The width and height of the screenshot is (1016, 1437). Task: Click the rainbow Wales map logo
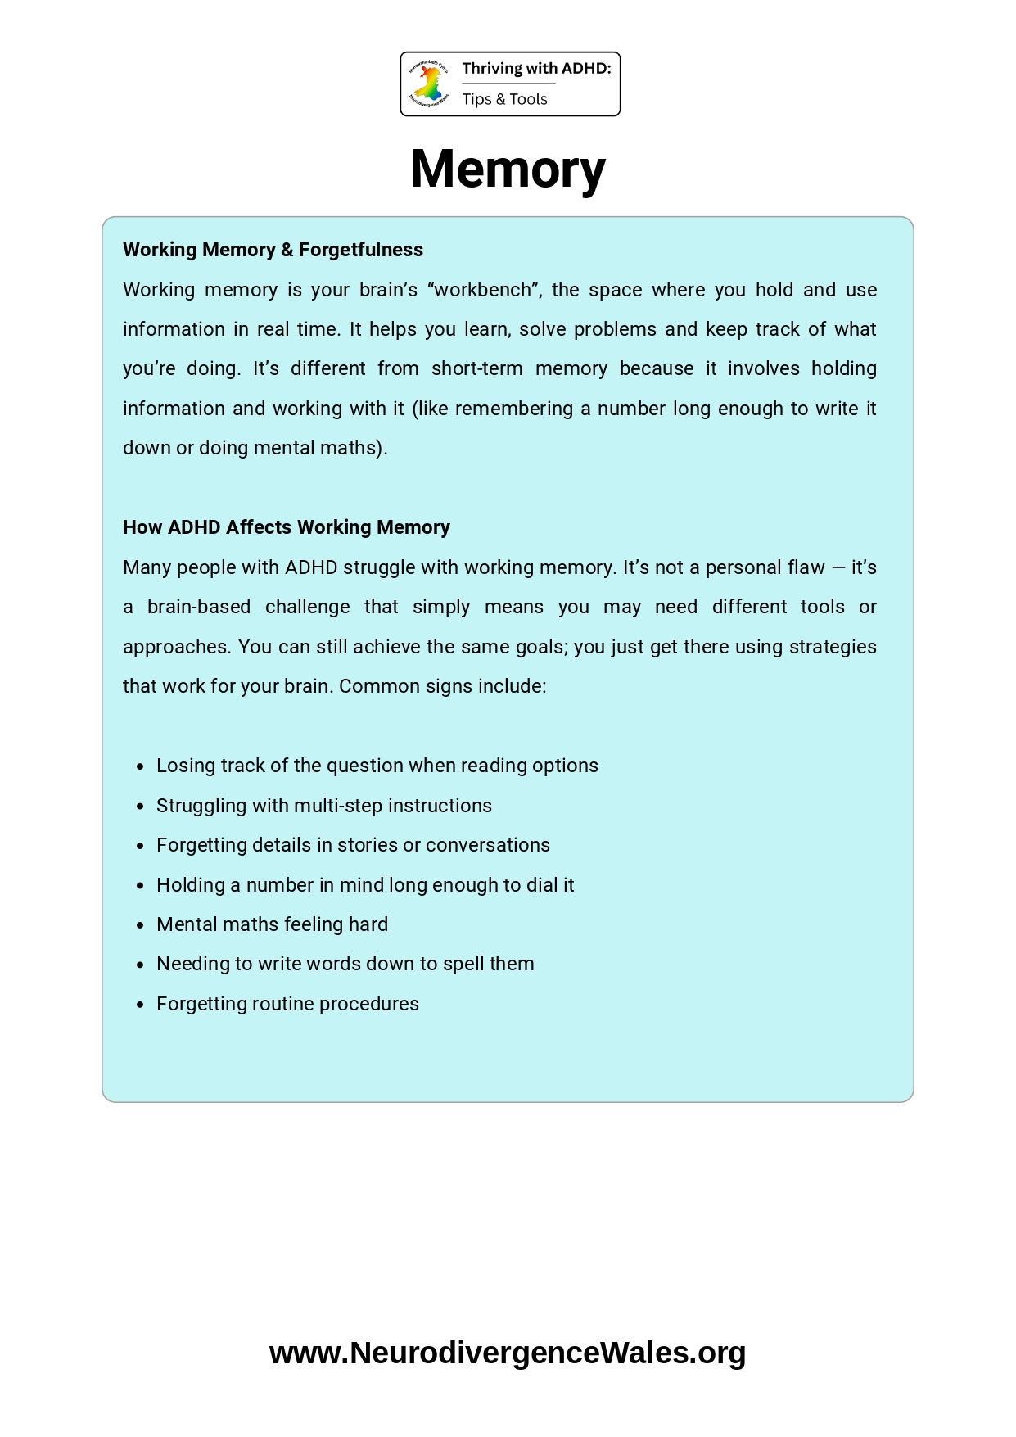click(429, 84)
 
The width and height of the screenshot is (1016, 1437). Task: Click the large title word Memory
click(508, 169)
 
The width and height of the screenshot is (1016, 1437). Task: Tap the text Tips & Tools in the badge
click(504, 99)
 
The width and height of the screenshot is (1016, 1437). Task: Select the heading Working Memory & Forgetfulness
click(273, 250)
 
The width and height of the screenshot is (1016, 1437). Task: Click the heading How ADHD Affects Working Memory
click(287, 527)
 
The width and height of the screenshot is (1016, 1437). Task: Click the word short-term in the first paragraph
click(476, 368)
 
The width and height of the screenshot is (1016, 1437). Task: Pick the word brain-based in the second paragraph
click(199, 607)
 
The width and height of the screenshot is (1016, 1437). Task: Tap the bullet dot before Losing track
click(141, 766)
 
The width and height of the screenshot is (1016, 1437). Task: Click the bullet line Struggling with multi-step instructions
click(324, 806)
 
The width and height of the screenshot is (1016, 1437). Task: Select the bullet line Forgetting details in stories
click(353, 845)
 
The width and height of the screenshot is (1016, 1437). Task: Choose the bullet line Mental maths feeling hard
click(272, 924)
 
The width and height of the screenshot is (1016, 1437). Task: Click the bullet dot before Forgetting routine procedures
click(141, 1005)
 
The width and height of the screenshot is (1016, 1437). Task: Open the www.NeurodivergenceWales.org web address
click(508, 1353)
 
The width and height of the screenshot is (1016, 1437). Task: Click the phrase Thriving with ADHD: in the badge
click(536, 69)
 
